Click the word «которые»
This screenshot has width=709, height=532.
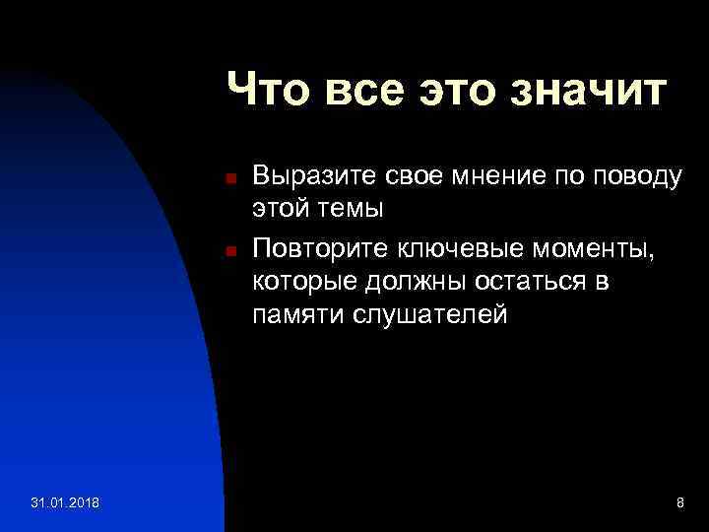click(x=299, y=282)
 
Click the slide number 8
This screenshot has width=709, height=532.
click(x=679, y=503)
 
